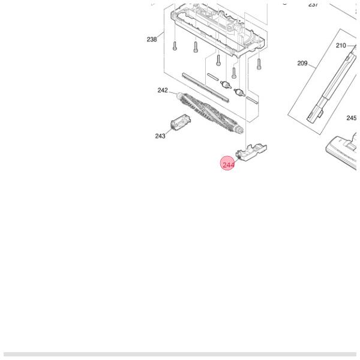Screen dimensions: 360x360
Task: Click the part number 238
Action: tap(152, 40)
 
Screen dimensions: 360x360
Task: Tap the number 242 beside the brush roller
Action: tap(163, 91)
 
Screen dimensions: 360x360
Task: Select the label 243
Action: tap(160, 136)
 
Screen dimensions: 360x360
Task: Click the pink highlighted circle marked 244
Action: tap(228, 164)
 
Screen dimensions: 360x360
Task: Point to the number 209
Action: tap(302, 63)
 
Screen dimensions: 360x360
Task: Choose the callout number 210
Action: tap(341, 46)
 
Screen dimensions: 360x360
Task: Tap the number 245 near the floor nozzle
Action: tap(351, 118)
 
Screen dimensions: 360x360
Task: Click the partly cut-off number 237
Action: tap(313, 4)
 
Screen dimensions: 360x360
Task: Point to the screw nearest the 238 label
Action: tap(174, 46)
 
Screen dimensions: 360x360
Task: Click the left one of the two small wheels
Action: tap(226, 85)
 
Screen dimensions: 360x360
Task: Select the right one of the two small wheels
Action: tap(239, 92)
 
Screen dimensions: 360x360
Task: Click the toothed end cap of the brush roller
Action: tap(240, 128)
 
